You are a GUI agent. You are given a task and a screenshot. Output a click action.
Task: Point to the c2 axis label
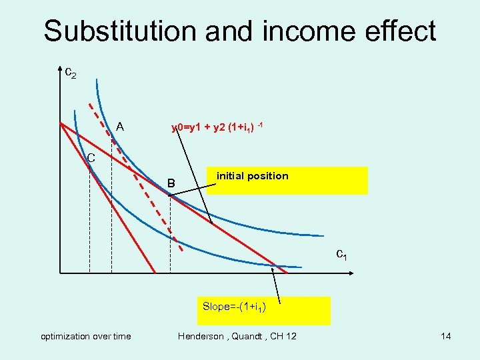pyautogui.click(x=70, y=71)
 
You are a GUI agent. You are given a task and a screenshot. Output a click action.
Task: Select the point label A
pyautogui.click(x=119, y=126)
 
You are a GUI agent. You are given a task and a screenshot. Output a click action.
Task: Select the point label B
pyautogui.click(x=171, y=183)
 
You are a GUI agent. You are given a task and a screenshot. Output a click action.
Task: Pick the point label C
pyautogui.click(x=91, y=158)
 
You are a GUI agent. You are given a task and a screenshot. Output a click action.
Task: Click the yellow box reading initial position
pyautogui.click(x=287, y=180)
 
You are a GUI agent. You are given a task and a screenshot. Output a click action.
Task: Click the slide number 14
pyautogui.click(x=445, y=336)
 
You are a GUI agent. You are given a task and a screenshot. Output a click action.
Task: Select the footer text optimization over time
pyautogui.click(x=86, y=336)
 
